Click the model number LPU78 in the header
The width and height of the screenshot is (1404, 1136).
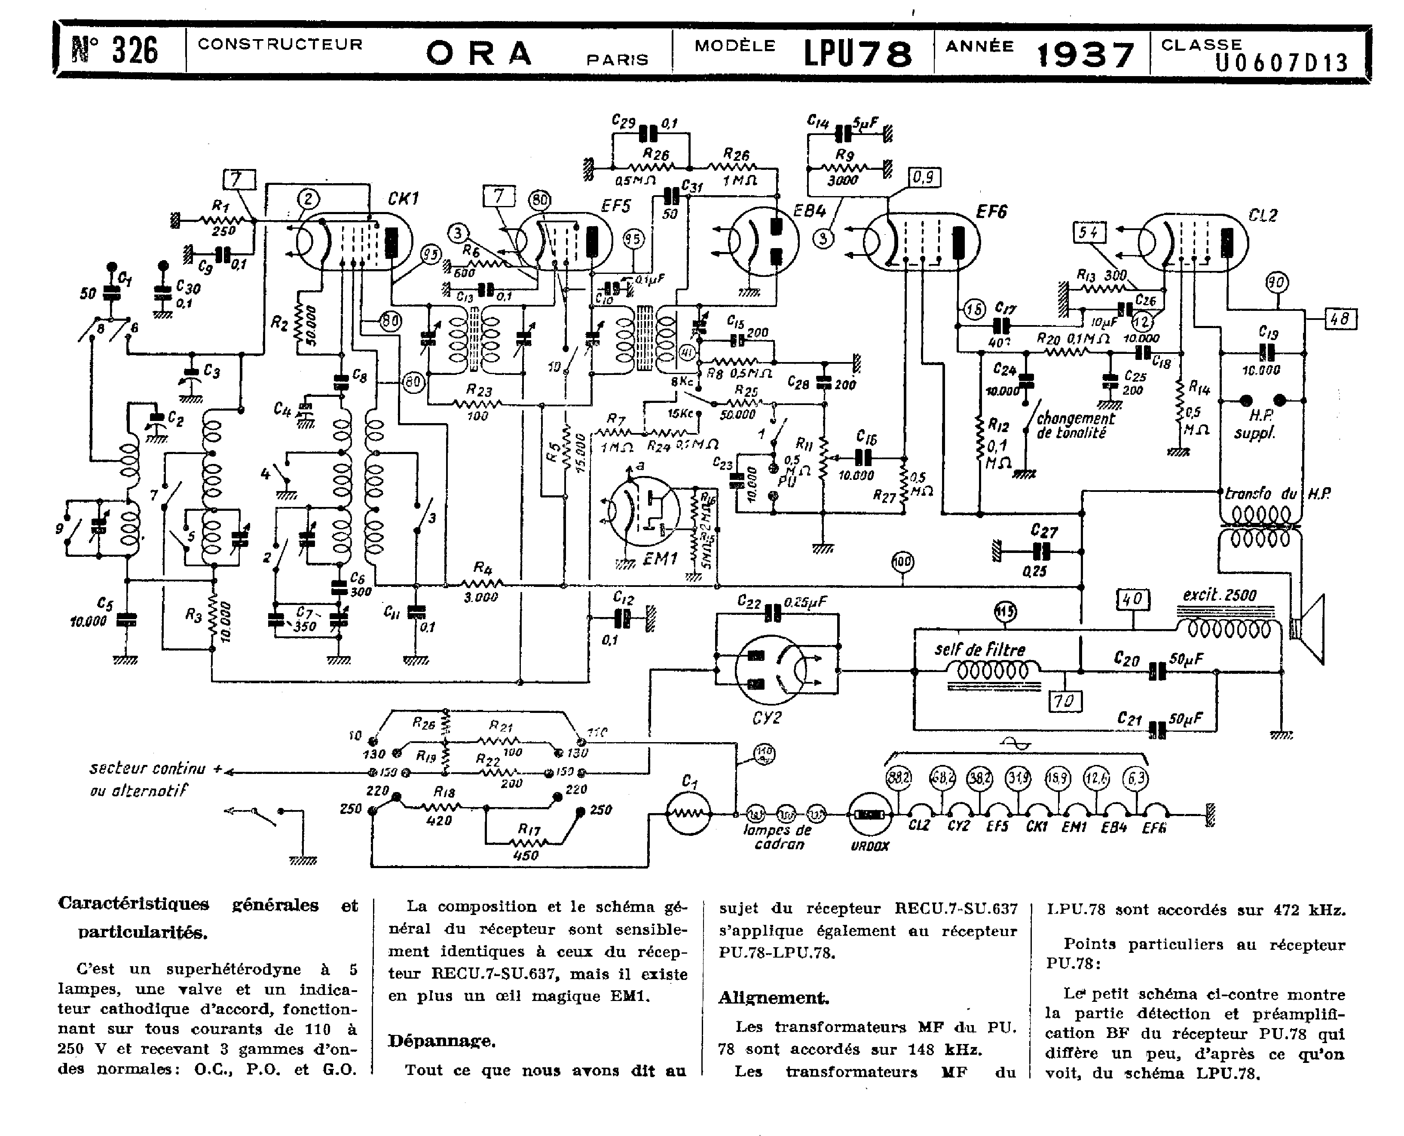[858, 54]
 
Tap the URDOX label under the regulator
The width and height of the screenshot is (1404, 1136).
[870, 846]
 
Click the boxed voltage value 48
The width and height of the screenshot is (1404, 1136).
[1340, 319]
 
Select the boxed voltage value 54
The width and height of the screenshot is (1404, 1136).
[1089, 233]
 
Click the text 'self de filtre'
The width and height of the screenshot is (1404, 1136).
[979, 650]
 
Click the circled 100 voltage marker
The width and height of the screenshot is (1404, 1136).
[902, 562]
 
